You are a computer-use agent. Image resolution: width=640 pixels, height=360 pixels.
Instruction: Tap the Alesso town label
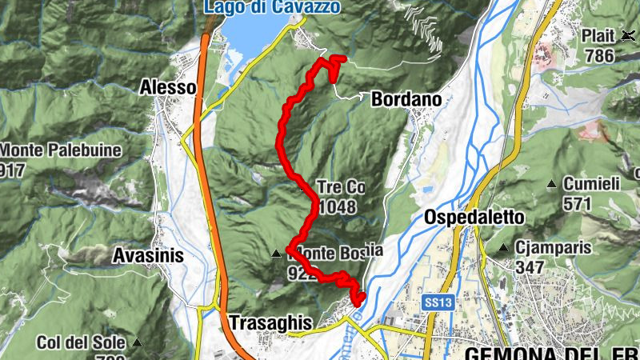167,86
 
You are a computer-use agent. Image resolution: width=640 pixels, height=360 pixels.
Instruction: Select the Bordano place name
406,99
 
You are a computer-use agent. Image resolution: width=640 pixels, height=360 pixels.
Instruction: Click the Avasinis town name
149,256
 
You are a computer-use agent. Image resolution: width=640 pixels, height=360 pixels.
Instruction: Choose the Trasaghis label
270,322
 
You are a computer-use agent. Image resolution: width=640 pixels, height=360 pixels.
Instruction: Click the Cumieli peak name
591,184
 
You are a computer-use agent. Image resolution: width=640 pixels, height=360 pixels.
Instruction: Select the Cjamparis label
554,248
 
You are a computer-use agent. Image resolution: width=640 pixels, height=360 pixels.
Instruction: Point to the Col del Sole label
81,342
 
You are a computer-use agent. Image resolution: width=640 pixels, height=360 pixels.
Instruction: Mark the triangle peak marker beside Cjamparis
503,248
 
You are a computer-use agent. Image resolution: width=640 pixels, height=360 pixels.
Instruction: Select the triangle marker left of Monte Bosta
277,254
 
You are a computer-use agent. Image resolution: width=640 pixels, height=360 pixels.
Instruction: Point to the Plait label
598,37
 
